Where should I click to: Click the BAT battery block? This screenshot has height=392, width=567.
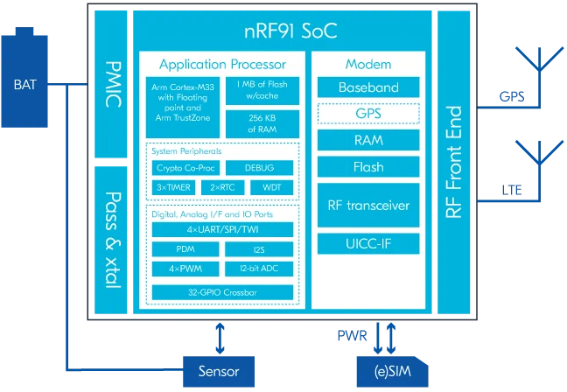(25, 86)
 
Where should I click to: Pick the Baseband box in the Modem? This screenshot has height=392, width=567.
(369, 87)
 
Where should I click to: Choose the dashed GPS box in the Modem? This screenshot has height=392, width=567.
(369, 114)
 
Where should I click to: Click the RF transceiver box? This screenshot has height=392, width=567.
(369, 206)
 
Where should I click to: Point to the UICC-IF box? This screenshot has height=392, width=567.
(369, 242)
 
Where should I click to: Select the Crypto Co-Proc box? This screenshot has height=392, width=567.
(183, 167)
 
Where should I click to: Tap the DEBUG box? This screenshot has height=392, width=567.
(261, 167)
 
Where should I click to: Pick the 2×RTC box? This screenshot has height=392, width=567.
(222, 187)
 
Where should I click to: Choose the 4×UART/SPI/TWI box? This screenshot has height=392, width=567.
(222, 229)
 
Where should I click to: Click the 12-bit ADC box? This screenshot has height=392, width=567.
(261, 268)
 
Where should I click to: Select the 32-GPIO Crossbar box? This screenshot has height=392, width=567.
(222, 292)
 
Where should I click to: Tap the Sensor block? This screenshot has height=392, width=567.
(219, 370)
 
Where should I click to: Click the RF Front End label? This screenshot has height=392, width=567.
(454, 162)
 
